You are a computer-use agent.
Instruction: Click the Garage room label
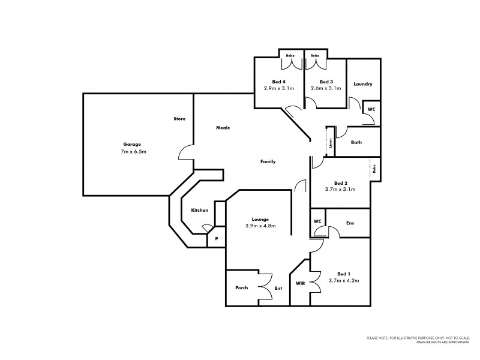[x=133, y=145]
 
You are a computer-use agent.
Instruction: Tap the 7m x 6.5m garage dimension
[x=133, y=152]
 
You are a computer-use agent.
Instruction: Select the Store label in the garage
[x=179, y=119]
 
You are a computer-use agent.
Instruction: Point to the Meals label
[x=223, y=128]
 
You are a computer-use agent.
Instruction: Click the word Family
[x=268, y=162]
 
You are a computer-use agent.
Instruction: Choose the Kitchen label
[x=200, y=211]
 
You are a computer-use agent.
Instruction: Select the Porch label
[x=242, y=288]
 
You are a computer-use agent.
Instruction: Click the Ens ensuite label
[x=350, y=223]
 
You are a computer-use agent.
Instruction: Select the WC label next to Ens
[x=317, y=221]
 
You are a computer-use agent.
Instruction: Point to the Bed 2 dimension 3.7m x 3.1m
[x=340, y=189]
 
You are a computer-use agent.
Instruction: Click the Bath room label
[x=356, y=142]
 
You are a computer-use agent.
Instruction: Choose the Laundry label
[x=364, y=85]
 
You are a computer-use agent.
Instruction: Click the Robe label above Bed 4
[x=289, y=55]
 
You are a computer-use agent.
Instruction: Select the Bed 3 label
[x=326, y=82]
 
